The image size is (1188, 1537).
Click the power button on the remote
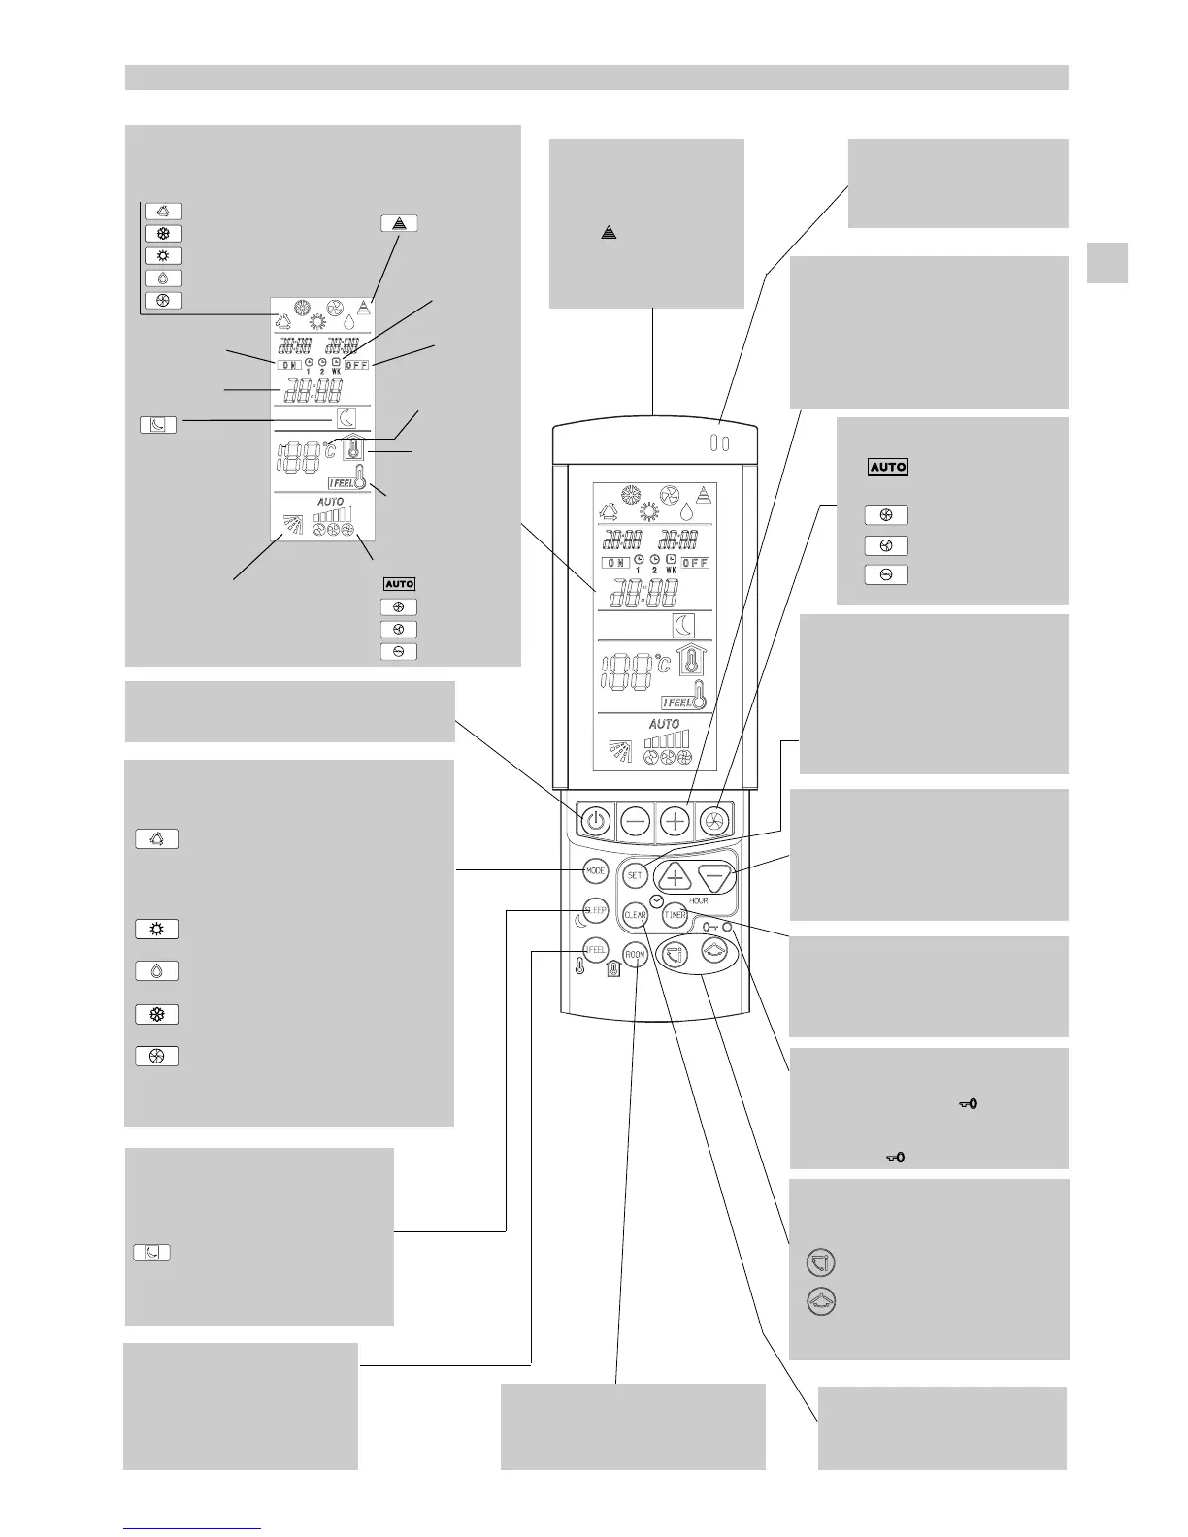596,821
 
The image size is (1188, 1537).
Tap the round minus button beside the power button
636,821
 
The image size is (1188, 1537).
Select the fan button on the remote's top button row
714,821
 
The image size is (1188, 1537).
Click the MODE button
596,870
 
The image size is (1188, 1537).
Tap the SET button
635,874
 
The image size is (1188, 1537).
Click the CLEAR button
635,914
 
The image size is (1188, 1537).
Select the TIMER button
675,914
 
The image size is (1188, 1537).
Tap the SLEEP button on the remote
596,911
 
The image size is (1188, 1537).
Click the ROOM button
635,955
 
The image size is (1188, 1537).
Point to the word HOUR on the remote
698,900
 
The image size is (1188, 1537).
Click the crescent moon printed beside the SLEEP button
579,921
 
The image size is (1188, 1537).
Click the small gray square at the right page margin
1107,262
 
